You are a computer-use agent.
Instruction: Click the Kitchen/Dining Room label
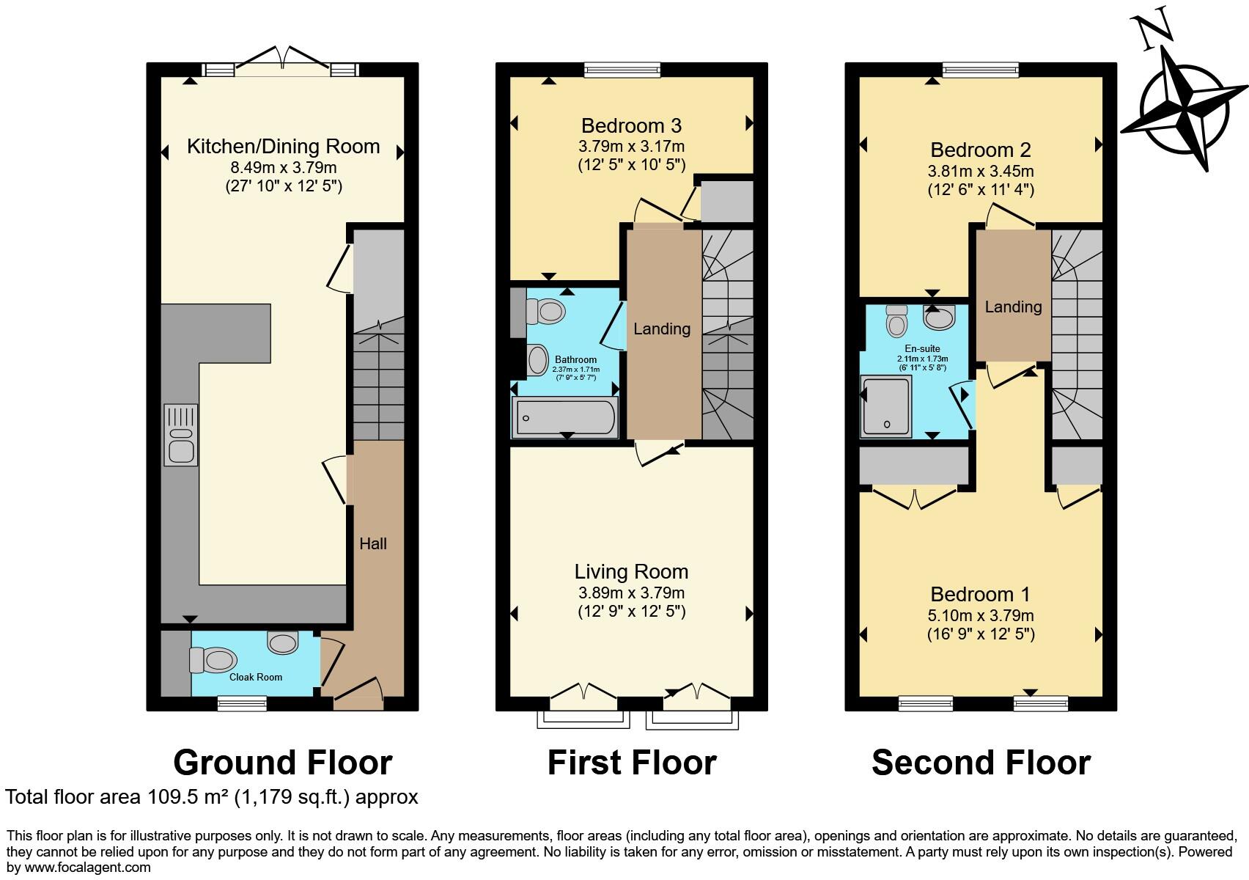pos(283,146)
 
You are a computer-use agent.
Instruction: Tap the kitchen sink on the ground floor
pos(180,435)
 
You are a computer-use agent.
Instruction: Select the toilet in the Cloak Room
pos(213,660)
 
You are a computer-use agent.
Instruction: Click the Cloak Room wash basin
pos(283,642)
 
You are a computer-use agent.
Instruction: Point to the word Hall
pos(373,543)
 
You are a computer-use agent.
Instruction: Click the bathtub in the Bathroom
pos(565,417)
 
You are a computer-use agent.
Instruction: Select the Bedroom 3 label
pos(631,125)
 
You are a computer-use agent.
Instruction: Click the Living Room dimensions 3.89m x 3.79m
pos(631,593)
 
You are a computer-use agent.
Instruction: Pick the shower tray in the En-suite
pos(887,406)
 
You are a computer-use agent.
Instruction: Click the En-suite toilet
pos(896,321)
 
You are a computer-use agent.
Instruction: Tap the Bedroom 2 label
pos(981,150)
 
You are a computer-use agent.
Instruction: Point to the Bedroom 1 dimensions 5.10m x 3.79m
pos(981,615)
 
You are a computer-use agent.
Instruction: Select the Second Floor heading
pos(981,762)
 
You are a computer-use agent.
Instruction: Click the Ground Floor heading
pos(283,762)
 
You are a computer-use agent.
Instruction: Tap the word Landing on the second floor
pos(1013,307)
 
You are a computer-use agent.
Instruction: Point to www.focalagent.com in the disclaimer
pos(87,868)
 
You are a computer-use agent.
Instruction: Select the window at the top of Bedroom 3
pos(622,70)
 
